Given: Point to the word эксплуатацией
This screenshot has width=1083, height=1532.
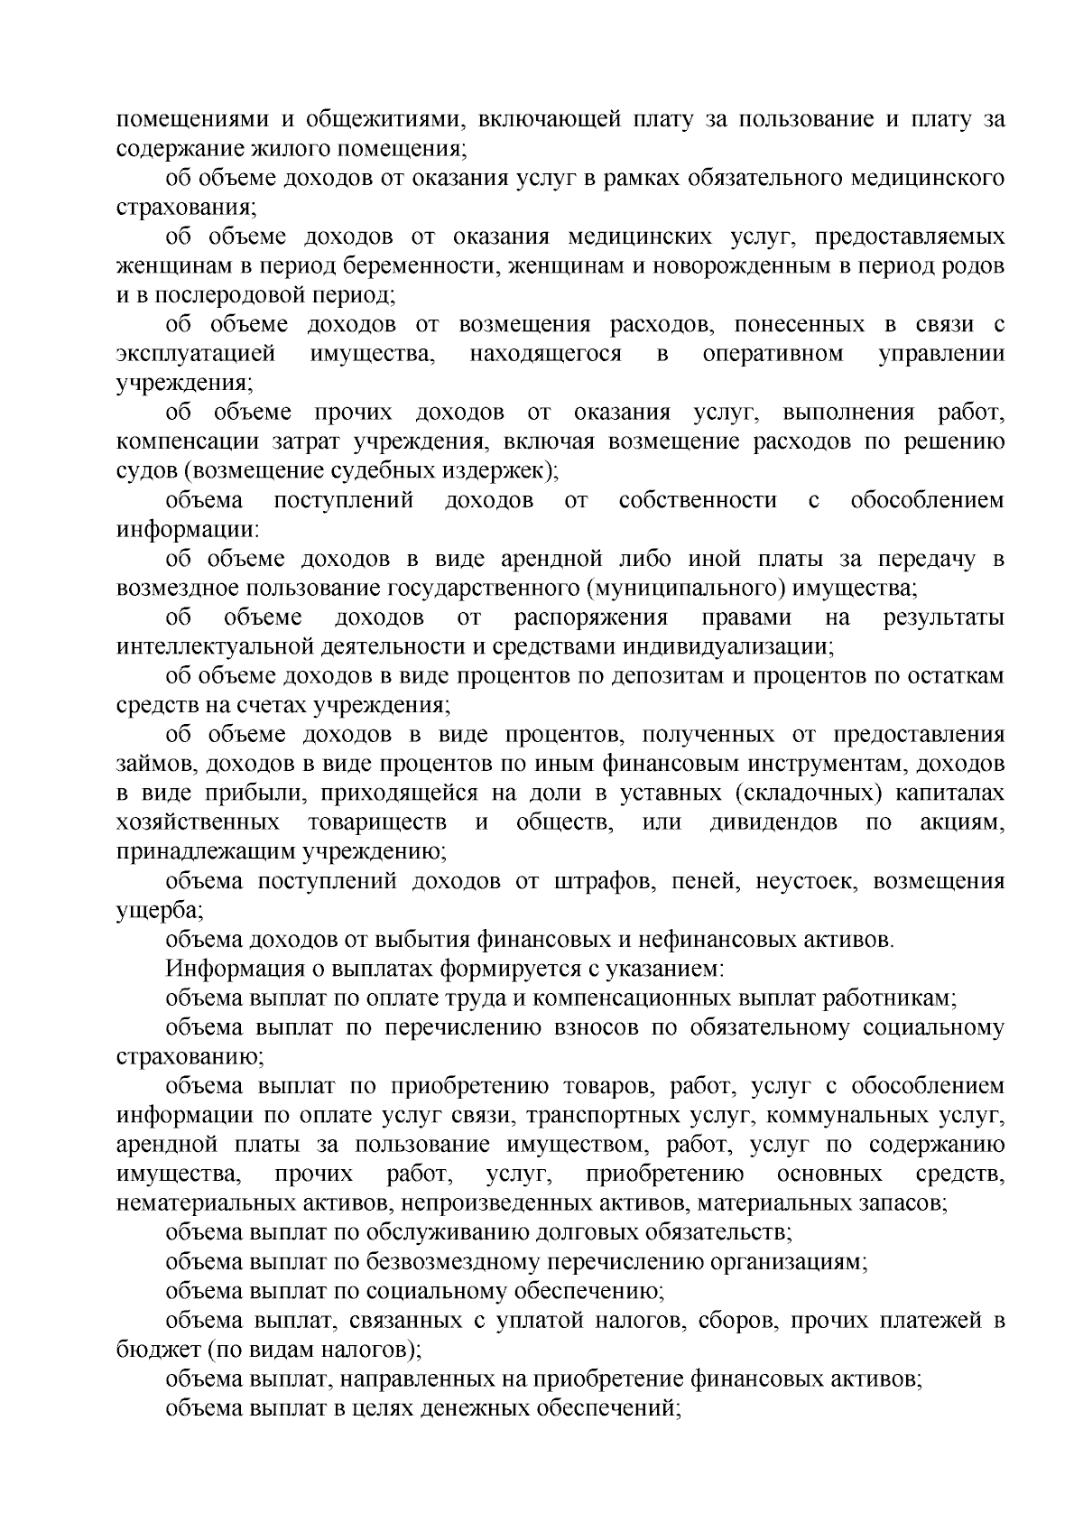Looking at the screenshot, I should (195, 354).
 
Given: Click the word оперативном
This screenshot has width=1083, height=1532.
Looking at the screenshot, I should (773, 354).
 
